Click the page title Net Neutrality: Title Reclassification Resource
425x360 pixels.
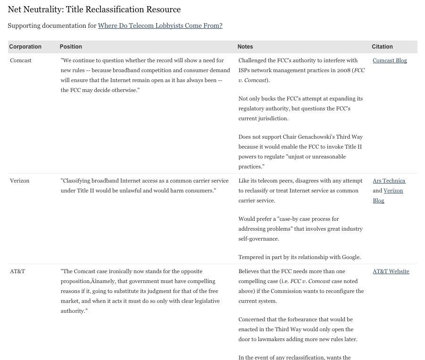point(94,9)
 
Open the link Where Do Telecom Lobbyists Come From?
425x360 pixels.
point(160,25)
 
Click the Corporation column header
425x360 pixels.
point(25,47)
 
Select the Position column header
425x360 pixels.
point(71,47)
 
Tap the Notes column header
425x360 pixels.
point(245,47)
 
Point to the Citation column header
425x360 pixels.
point(382,47)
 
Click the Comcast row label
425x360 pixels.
point(21,60)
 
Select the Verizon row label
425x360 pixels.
point(19,181)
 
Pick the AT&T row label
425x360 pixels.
point(17,271)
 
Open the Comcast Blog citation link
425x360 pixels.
point(390,60)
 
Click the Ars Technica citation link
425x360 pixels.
point(389,181)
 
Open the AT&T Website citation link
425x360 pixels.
point(391,271)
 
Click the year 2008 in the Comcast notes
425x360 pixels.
point(342,70)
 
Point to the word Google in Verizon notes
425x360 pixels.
point(350,257)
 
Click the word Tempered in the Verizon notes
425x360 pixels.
point(251,257)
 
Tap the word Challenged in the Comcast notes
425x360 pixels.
point(254,60)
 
